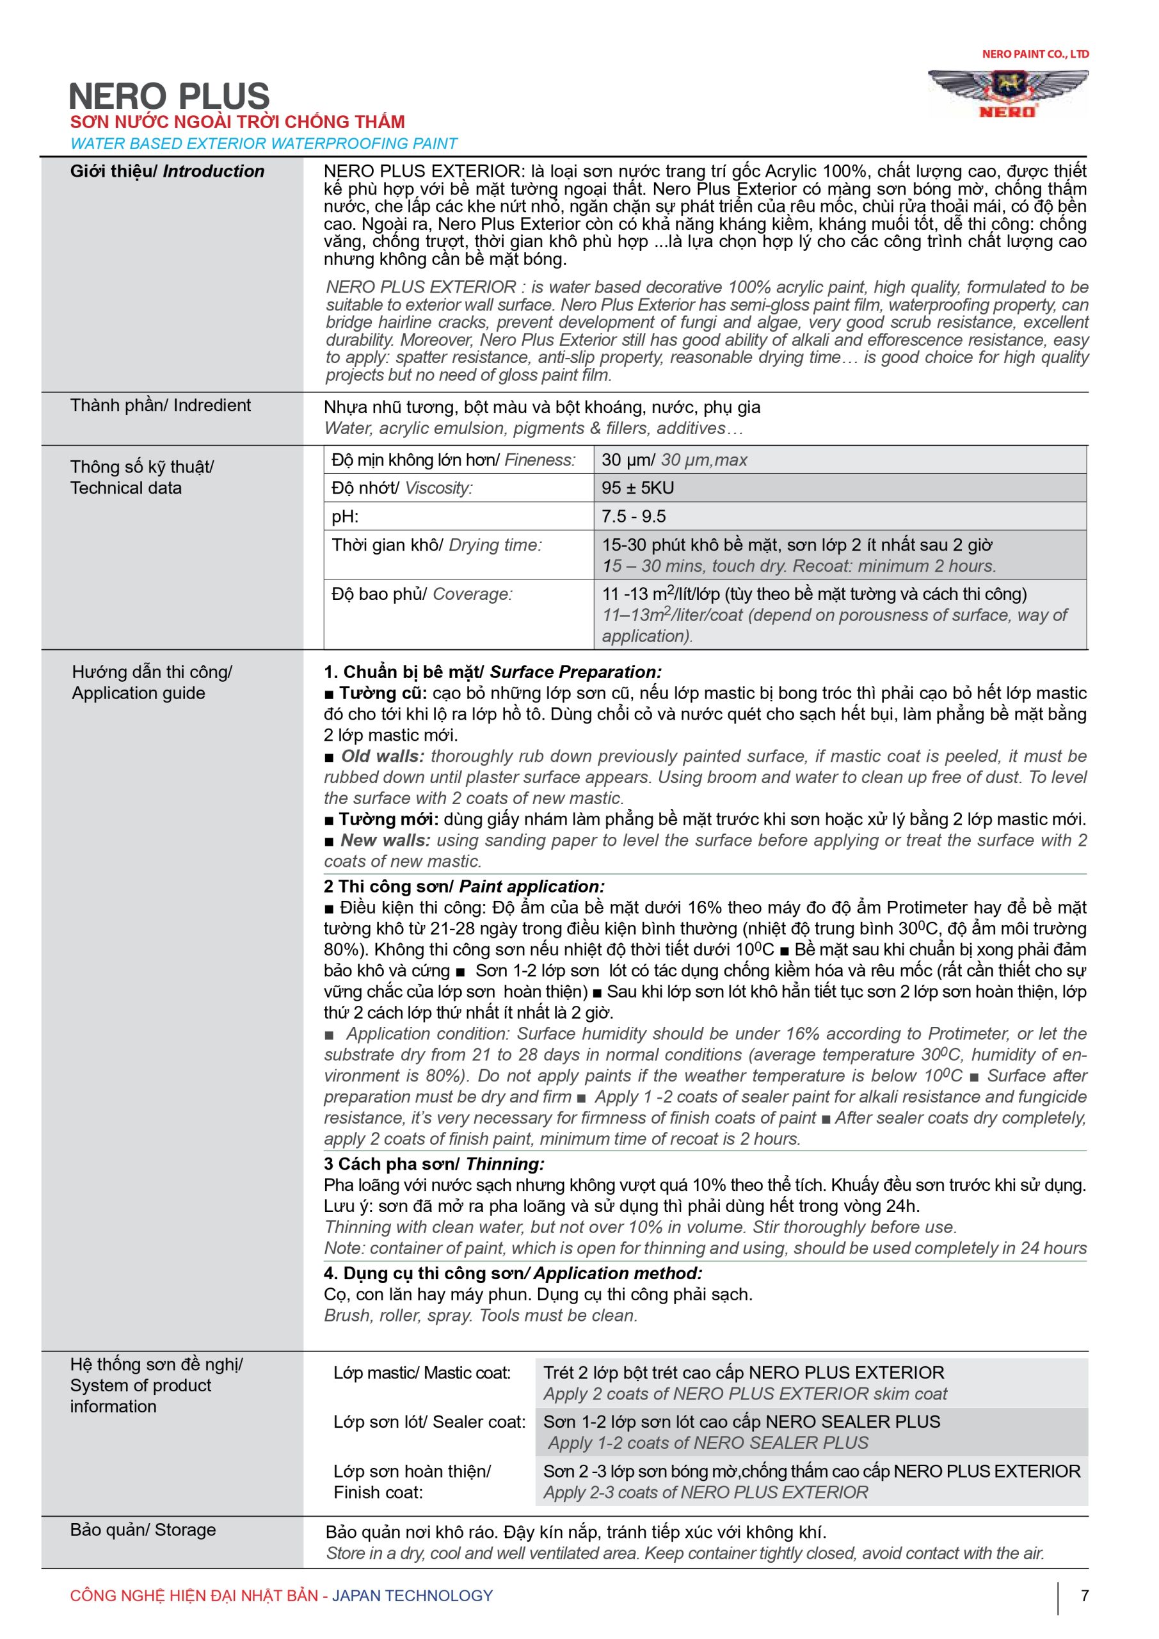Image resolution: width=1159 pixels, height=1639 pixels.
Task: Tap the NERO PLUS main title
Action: pyautogui.click(x=169, y=97)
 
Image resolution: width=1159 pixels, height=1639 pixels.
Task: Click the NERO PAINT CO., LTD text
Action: pyautogui.click(x=1035, y=54)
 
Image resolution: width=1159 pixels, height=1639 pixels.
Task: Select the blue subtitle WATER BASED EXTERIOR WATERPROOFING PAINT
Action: pyautogui.click(x=263, y=143)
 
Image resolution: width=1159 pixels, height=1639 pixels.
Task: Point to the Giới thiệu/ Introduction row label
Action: pyautogui.click(x=167, y=172)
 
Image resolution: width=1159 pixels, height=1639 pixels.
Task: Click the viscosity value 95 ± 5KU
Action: pyautogui.click(x=637, y=488)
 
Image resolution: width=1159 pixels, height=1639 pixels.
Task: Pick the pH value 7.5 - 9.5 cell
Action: pyautogui.click(x=634, y=516)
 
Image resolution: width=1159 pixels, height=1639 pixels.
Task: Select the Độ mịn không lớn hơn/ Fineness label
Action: pyautogui.click(x=453, y=460)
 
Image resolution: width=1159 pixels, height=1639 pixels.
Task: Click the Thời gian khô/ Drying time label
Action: pyautogui.click(x=436, y=545)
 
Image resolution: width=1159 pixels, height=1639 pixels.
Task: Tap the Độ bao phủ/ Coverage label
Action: pyautogui.click(x=422, y=594)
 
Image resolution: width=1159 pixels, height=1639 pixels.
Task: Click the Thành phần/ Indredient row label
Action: pyautogui.click(x=161, y=405)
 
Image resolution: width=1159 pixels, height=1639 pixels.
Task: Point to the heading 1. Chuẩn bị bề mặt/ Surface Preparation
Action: pyautogui.click(x=492, y=672)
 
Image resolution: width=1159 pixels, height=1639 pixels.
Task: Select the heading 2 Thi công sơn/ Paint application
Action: pyautogui.click(x=464, y=886)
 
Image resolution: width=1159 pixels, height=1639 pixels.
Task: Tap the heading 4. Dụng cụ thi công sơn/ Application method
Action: pyautogui.click(x=513, y=1273)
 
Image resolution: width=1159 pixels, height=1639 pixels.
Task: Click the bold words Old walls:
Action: pyautogui.click(x=382, y=756)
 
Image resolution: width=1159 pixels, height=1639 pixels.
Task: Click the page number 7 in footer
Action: pyautogui.click(x=1084, y=1595)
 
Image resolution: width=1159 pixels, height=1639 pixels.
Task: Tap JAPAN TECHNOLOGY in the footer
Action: pyautogui.click(x=413, y=1595)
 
